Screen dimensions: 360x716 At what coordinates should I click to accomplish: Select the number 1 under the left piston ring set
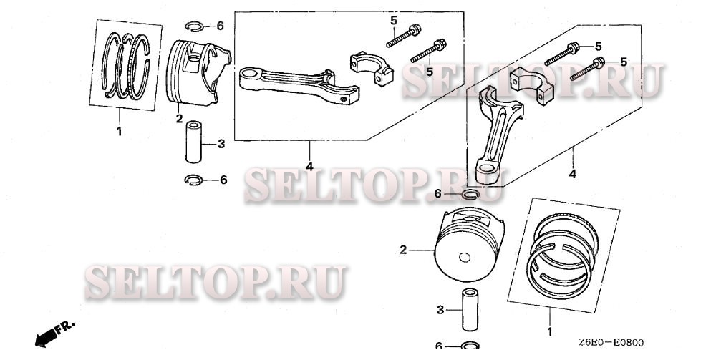pyautogui.click(x=119, y=132)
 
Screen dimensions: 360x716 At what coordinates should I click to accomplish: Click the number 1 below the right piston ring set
pyautogui.click(x=550, y=332)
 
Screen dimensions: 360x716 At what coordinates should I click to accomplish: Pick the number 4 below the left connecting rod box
pyautogui.click(x=309, y=167)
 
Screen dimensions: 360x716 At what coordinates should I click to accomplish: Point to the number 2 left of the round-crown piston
pyautogui.click(x=403, y=250)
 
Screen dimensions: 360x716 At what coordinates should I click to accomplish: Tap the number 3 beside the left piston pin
pyautogui.click(x=221, y=144)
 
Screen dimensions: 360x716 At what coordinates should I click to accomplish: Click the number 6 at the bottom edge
pyautogui.click(x=439, y=346)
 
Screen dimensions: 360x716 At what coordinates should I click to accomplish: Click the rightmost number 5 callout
pyautogui.click(x=623, y=62)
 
